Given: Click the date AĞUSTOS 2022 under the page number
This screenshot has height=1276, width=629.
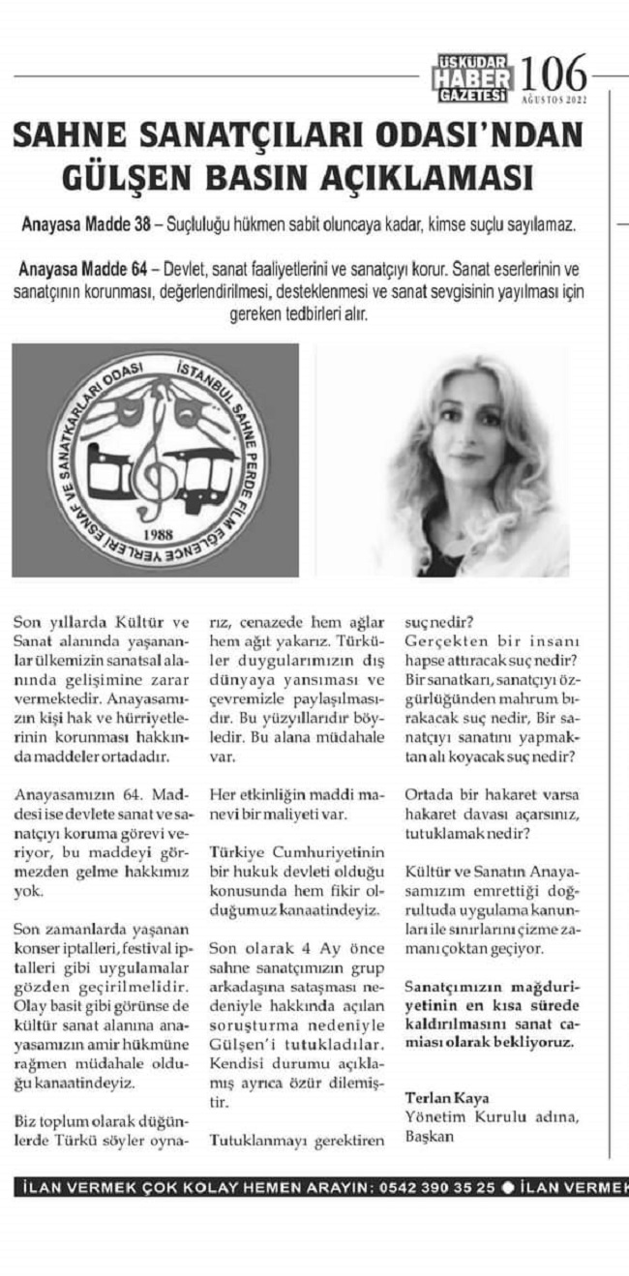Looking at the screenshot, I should pos(553,99).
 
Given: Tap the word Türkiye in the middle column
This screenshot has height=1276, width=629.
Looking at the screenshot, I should pos(236,852).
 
